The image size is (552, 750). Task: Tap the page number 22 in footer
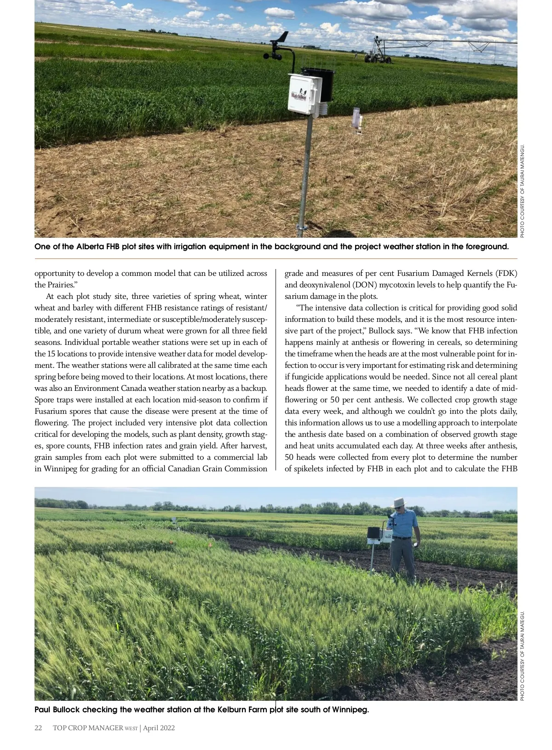coord(39,728)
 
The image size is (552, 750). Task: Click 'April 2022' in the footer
coord(159,728)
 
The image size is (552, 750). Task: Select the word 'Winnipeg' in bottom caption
coord(350,710)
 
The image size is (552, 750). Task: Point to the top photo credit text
coord(523,191)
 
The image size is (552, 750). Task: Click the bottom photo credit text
coord(523,656)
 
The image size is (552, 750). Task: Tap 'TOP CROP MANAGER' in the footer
coord(88,728)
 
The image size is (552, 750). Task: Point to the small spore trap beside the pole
coord(357,120)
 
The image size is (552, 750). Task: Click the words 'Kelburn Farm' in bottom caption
coord(242,710)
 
